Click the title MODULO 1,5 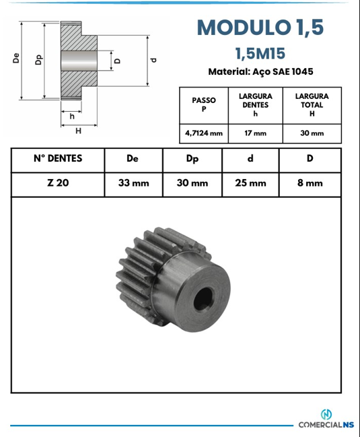click(260, 28)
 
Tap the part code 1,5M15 click(260, 53)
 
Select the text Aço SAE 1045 click(283, 71)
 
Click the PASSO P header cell click(204, 105)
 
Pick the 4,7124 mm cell click(204, 133)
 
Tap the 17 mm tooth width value click(255, 133)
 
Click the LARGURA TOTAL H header click(312, 105)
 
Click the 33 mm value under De click(134, 183)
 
